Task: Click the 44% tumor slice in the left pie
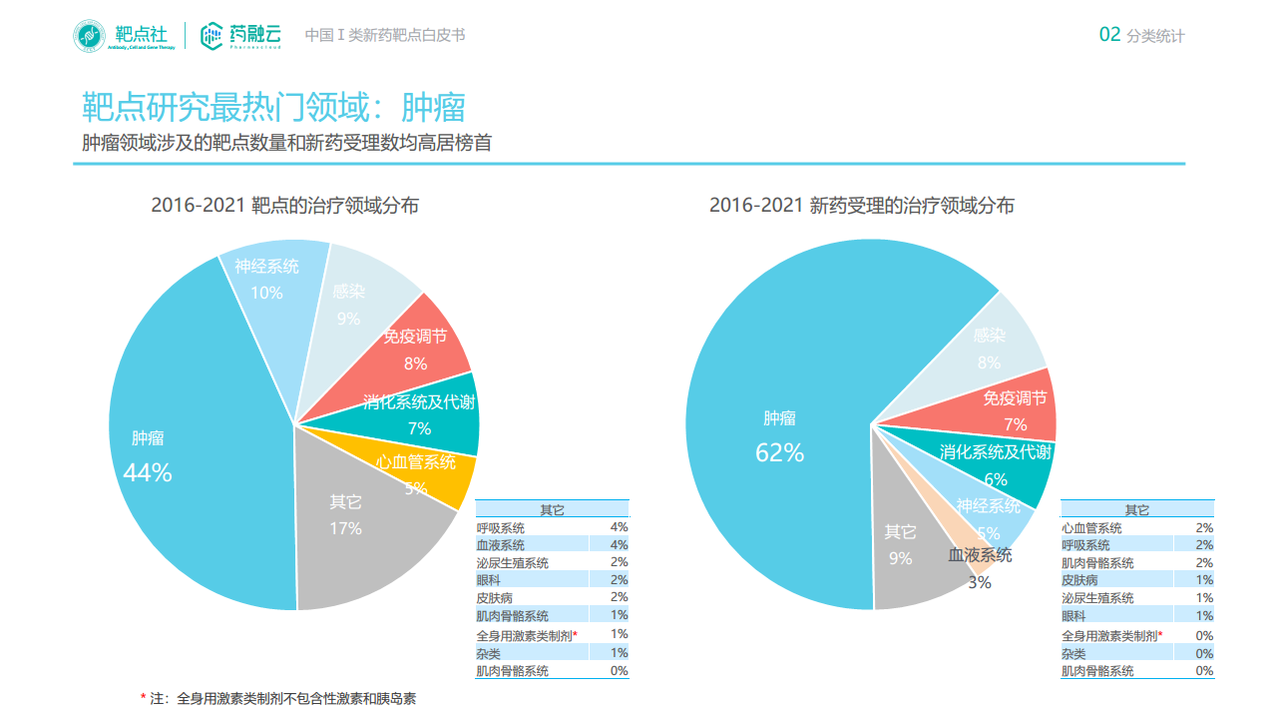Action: click(190, 439)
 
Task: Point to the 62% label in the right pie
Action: click(779, 452)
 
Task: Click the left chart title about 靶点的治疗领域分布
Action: click(284, 206)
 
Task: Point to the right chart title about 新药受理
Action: click(861, 206)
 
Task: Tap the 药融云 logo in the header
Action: click(240, 36)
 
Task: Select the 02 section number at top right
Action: click(1109, 35)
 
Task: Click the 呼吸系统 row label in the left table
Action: click(501, 527)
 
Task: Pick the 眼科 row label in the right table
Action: click(1073, 616)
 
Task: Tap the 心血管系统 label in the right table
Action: click(1091, 527)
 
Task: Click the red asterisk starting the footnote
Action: click(143, 698)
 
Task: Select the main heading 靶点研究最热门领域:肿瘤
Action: click(273, 107)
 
